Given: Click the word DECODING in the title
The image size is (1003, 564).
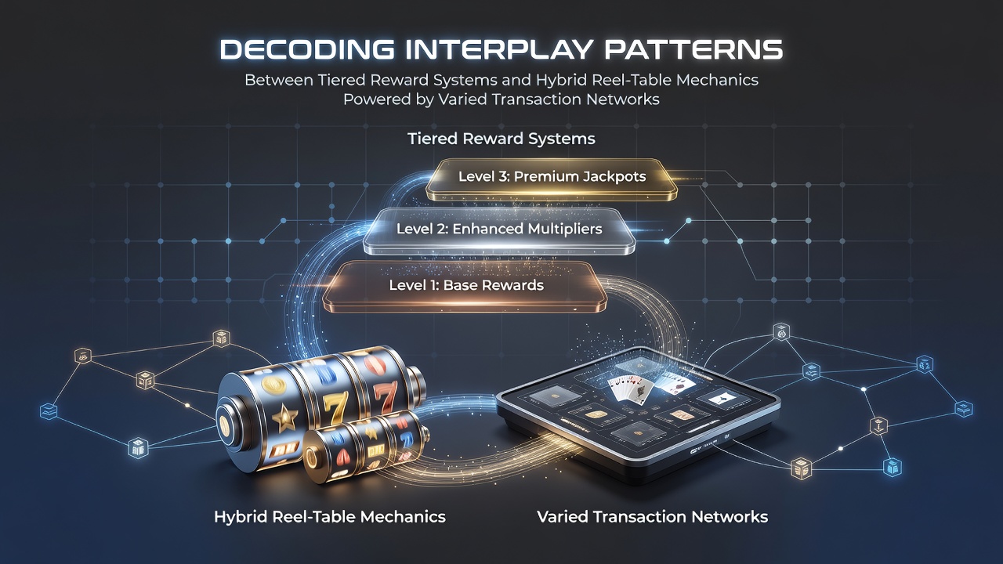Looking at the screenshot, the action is click(307, 49).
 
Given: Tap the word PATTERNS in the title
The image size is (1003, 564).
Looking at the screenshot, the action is click(693, 49).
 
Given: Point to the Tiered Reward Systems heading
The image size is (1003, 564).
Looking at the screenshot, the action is click(501, 139).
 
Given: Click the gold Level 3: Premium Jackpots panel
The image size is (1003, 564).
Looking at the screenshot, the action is click(551, 179).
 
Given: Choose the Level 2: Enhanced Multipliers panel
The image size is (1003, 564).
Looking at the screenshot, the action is click(499, 231).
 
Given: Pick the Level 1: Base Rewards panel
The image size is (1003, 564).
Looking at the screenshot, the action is click(465, 287).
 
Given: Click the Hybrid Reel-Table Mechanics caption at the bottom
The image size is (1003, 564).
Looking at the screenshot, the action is click(330, 517).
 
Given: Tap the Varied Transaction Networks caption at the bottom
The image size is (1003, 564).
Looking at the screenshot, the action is click(653, 517).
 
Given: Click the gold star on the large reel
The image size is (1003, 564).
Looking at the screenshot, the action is click(284, 418).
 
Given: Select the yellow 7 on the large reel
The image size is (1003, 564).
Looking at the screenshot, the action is click(335, 408).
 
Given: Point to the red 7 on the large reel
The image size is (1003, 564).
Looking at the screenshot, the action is click(385, 396).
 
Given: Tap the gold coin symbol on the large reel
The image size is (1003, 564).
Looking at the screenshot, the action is click(273, 385).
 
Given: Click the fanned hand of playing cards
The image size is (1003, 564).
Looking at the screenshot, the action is click(628, 389).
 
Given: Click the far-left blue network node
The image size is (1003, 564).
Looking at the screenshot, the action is click(49, 410).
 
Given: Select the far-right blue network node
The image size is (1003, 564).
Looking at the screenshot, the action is click(964, 409).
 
